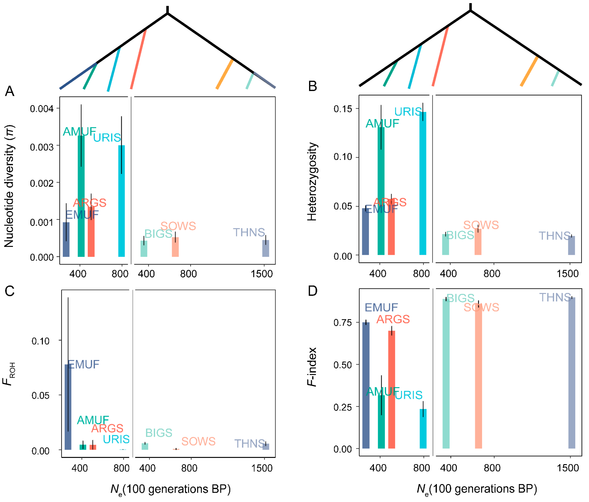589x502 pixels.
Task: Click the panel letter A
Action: pos(10,91)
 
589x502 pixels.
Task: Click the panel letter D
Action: pos(312,291)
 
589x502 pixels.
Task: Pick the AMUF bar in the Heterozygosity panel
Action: pos(381,193)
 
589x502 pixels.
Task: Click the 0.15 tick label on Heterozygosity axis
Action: pos(342,109)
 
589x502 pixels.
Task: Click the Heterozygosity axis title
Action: pos(312,182)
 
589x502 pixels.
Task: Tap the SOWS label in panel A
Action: pos(178,226)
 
